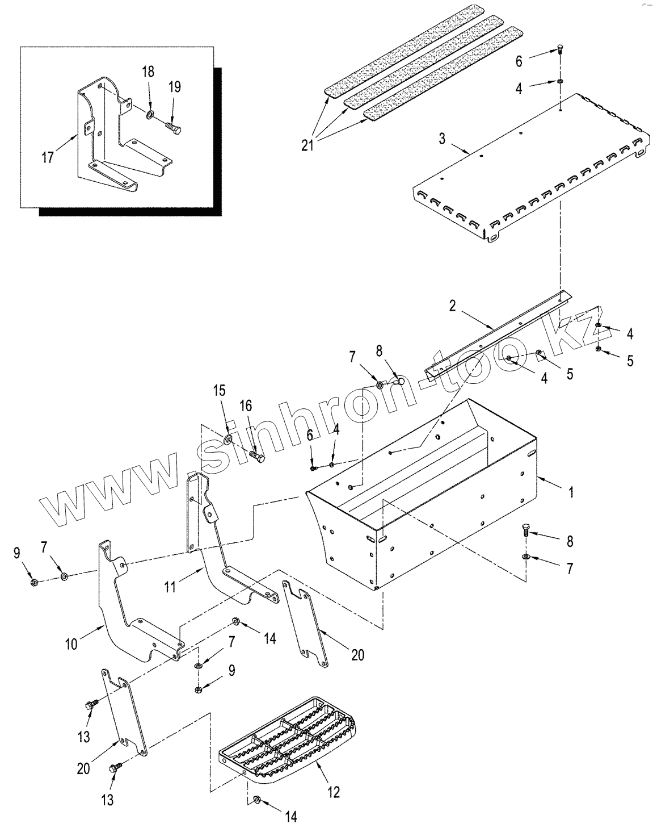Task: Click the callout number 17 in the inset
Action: [x=47, y=157]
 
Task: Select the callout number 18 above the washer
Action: [x=148, y=72]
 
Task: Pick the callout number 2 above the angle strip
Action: [x=453, y=306]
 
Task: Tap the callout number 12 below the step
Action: [x=334, y=791]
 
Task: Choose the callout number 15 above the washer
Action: [x=219, y=391]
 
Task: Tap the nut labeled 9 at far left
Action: [x=33, y=582]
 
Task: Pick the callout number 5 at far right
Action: [x=629, y=361]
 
